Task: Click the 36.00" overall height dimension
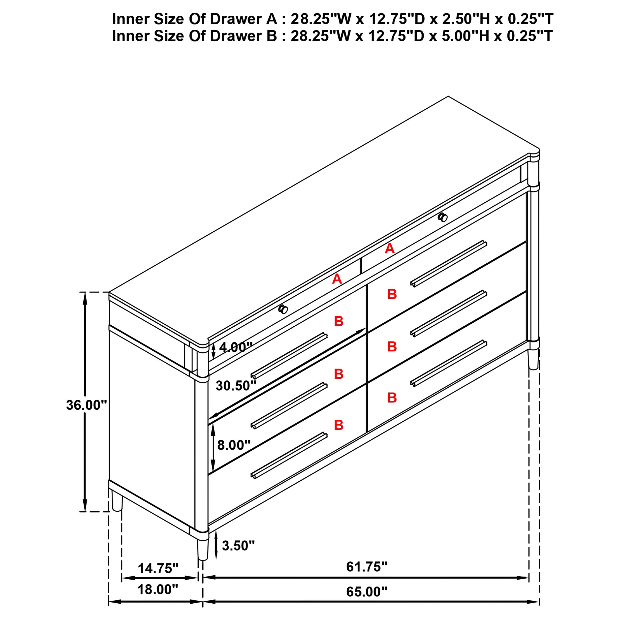(86, 405)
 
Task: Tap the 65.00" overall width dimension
(367, 591)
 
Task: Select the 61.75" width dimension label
(367, 567)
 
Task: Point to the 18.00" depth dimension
(157, 589)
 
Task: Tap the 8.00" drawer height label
(234, 445)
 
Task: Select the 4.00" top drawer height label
(236, 347)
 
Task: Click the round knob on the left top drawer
(283, 309)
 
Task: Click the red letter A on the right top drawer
(390, 249)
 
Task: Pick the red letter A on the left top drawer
(337, 279)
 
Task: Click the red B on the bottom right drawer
(392, 398)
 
